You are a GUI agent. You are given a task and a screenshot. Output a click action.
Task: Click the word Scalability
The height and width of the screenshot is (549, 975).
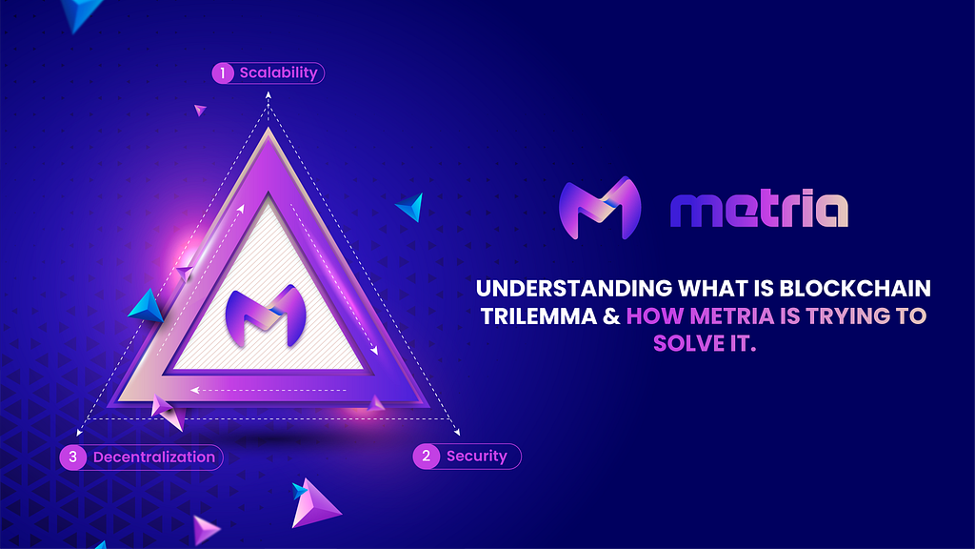(279, 73)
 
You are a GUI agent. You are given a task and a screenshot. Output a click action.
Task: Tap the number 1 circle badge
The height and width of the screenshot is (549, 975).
(223, 73)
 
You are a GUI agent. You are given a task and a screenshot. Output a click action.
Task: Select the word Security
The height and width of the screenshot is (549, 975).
(477, 457)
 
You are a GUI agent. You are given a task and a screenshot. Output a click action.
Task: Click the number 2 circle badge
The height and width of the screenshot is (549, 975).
(426, 457)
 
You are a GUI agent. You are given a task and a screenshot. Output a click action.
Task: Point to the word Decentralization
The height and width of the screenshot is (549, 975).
(154, 457)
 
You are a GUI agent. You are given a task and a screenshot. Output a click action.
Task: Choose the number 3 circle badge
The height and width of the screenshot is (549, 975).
(72, 457)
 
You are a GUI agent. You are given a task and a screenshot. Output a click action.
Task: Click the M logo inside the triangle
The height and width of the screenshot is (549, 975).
(266, 315)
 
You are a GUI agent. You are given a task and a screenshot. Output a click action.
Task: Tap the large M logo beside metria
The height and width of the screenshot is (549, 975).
(600, 208)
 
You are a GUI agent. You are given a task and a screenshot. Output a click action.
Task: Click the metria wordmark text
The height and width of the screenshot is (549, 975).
(759, 209)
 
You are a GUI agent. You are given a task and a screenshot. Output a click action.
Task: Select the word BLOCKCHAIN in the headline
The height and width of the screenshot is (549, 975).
(855, 288)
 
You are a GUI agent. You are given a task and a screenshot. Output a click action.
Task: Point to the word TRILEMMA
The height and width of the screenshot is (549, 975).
(539, 316)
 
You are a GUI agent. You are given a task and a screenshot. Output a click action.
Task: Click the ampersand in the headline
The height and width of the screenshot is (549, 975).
(611, 316)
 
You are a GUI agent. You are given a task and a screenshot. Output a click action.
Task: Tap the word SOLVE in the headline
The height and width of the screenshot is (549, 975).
(688, 343)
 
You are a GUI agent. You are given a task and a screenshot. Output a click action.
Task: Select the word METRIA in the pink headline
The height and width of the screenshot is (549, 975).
(732, 316)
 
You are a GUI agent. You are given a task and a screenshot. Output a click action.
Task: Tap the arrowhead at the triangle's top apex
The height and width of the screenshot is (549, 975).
(268, 94)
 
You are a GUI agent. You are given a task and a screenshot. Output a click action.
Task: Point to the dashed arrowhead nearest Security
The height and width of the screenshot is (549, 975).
(457, 432)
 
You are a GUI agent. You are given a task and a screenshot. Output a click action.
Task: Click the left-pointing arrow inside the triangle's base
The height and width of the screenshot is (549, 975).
(268, 390)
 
